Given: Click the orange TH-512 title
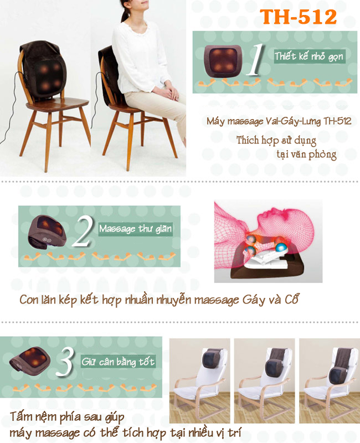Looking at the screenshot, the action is [298, 17].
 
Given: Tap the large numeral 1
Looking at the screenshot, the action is [256, 60].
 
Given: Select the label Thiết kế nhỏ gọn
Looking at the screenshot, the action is [309, 56].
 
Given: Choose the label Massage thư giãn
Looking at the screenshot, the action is [135, 228].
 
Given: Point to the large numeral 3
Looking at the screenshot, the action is [65, 362].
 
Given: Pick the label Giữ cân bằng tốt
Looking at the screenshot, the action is [118, 362].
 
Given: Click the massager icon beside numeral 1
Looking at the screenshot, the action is [223, 60].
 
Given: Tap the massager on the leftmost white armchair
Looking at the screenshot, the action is [212, 358].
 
